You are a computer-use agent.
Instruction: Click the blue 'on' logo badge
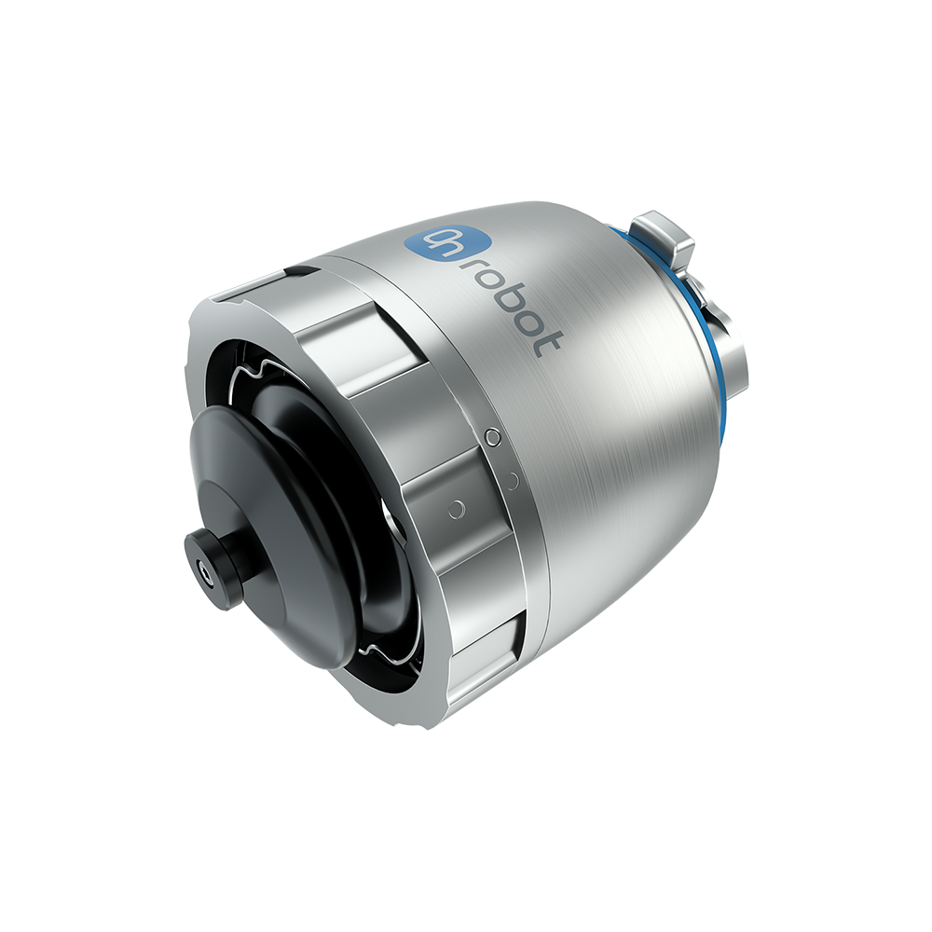tap(429, 242)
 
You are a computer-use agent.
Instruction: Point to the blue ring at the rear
tap(690, 309)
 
